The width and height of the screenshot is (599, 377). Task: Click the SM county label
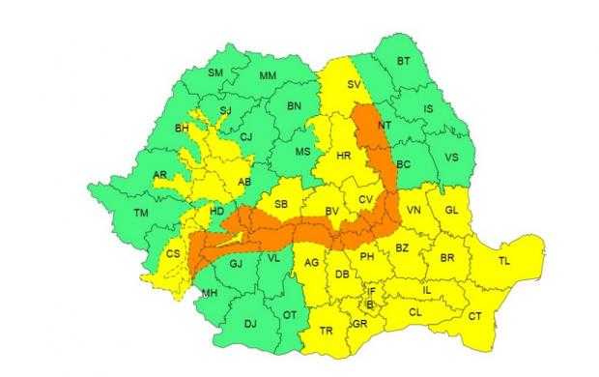(x=215, y=73)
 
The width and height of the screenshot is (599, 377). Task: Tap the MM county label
(x=271, y=76)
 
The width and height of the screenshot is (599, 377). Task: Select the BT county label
(x=405, y=62)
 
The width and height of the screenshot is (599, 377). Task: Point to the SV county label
(x=354, y=86)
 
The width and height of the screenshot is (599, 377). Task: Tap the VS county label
(x=450, y=158)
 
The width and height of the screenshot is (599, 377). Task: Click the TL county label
(x=503, y=261)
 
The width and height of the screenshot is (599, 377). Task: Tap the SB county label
(x=281, y=205)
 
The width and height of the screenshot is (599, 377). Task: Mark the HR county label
(x=343, y=156)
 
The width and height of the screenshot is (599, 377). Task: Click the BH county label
(x=181, y=127)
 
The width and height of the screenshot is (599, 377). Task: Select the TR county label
(x=327, y=332)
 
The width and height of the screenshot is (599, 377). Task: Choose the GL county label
(x=451, y=211)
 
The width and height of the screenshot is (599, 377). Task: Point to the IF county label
(x=371, y=290)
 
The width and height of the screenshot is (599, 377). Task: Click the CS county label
(x=173, y=254)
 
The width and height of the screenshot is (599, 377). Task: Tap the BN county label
(x=296, y=105)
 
